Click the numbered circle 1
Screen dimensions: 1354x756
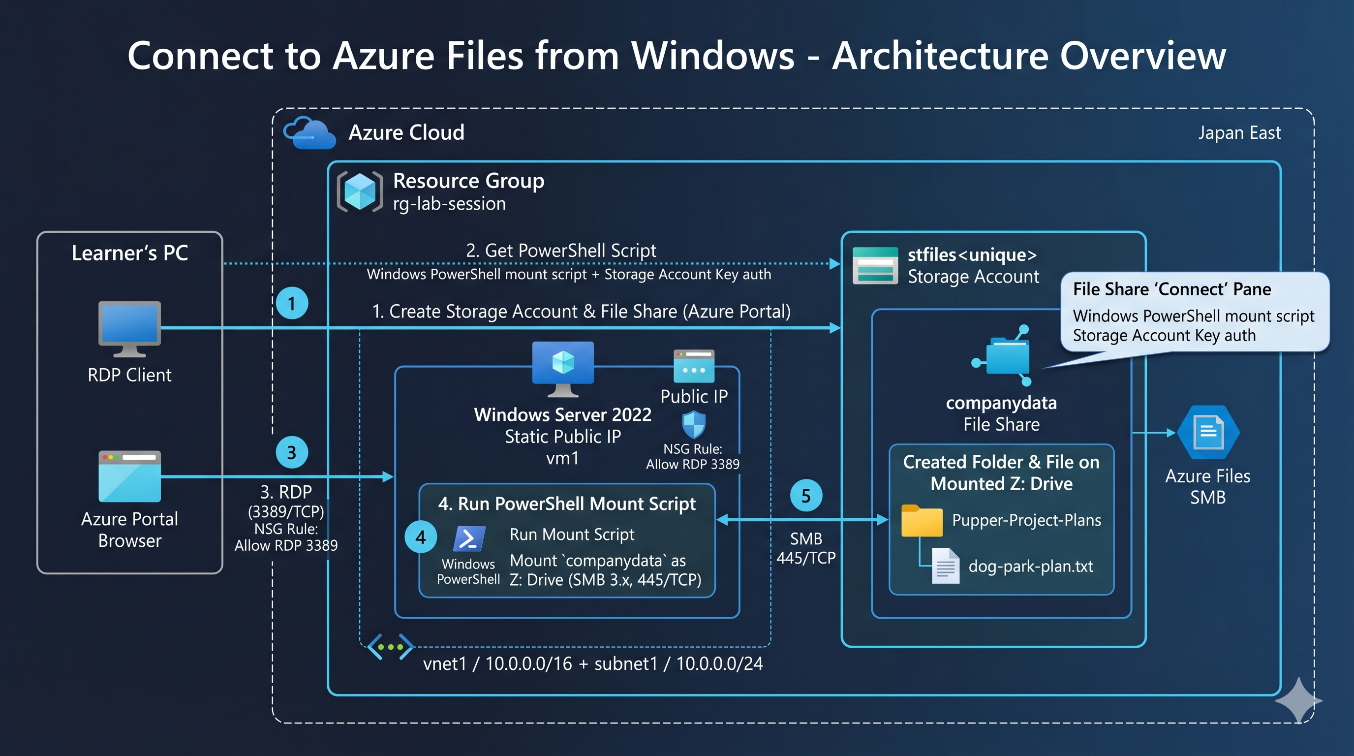coord(292,303)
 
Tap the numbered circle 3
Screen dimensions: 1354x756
coord(292,452)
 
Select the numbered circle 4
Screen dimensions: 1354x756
coord(421,537)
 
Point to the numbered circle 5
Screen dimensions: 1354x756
coord(806,495)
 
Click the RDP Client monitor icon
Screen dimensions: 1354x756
coord(129,329)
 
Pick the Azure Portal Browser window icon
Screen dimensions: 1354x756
coord(129,476)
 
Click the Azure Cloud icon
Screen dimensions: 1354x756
coord(309,133)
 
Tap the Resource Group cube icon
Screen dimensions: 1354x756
coord(360,191)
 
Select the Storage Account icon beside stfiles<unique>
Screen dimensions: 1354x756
coord(875,265)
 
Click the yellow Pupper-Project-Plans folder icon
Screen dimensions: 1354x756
coord(922,520)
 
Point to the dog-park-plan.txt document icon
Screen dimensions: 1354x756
coord(945,566)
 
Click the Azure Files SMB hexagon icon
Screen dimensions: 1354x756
coord(1208,432)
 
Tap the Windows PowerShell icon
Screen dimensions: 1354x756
coord(468,538)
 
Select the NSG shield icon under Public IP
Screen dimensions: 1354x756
coord(693,424)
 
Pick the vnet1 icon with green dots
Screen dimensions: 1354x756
coord(390,647)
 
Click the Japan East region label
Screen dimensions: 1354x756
coord(1239,133)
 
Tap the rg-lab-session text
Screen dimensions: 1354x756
coord(449,203)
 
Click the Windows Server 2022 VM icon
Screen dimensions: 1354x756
coord(563,369)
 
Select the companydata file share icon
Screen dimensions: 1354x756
coord(1002,355)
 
